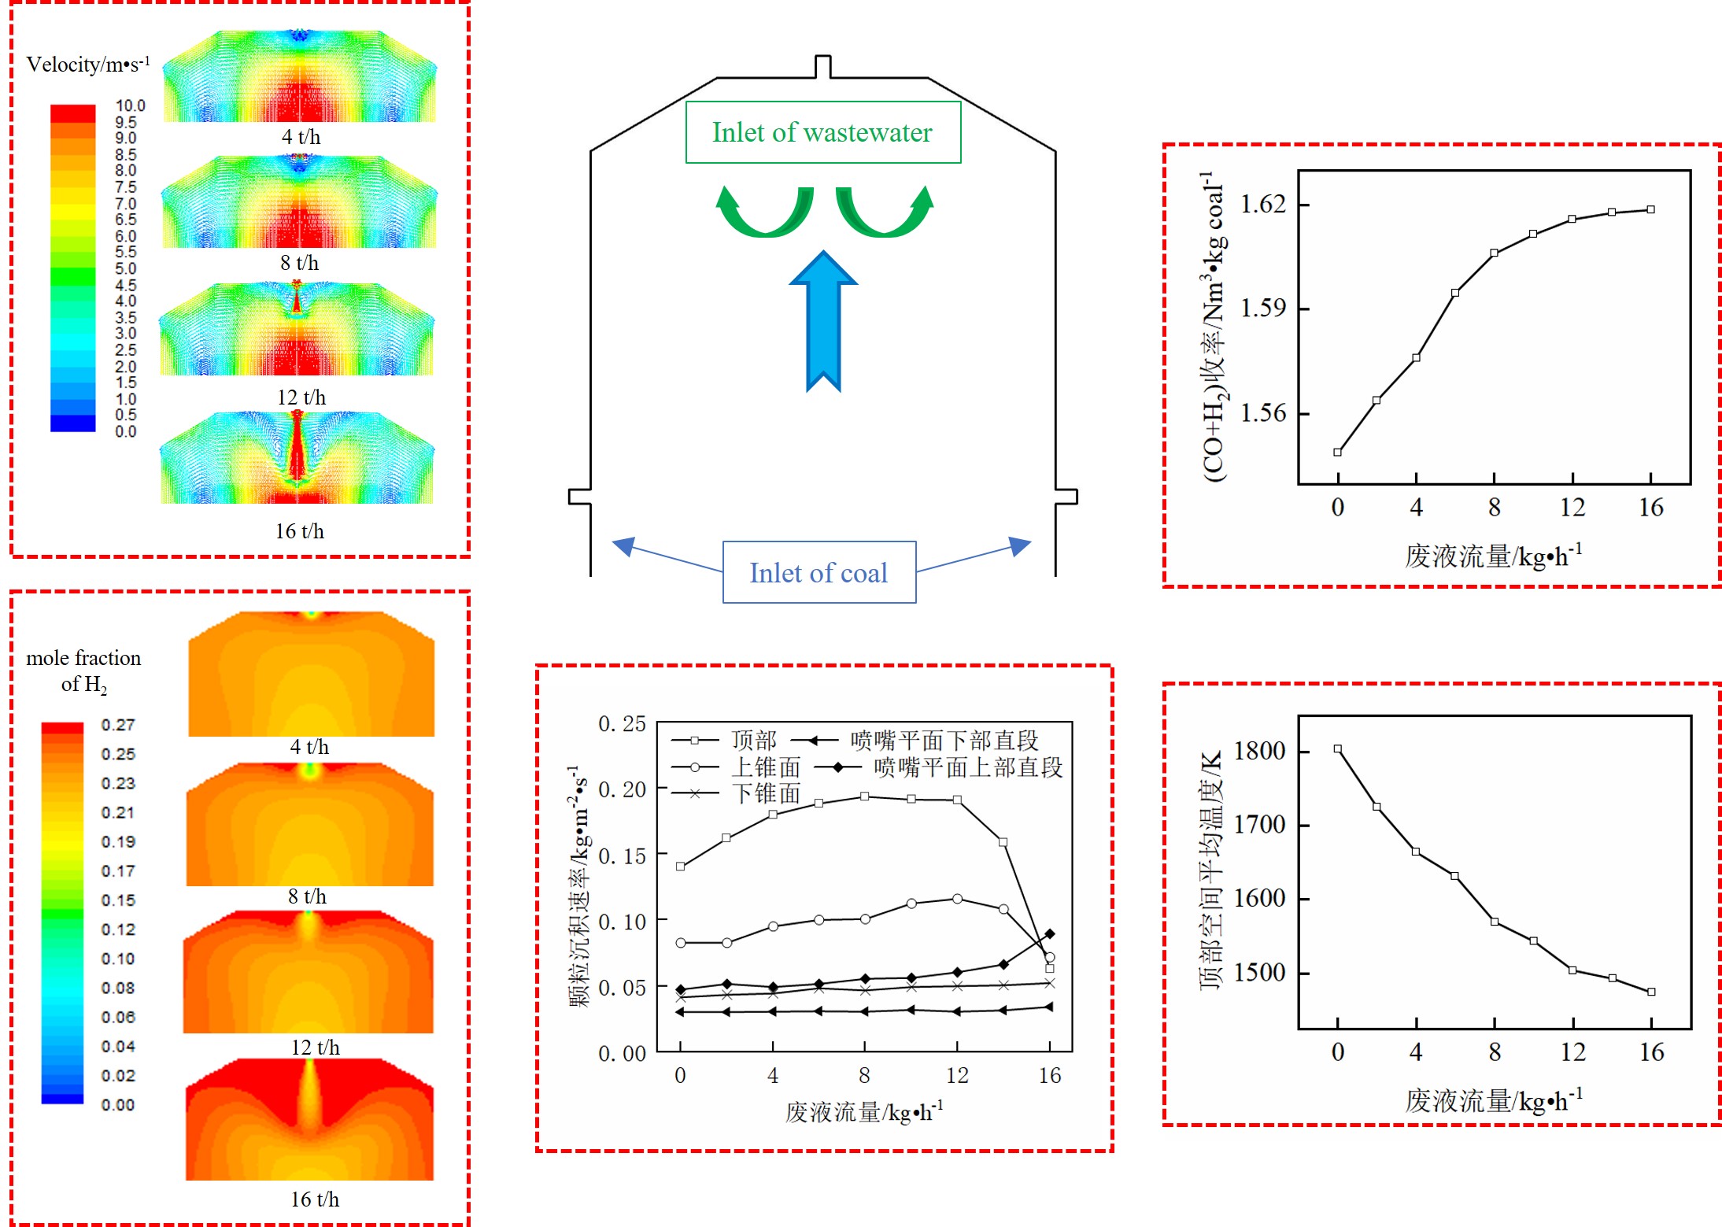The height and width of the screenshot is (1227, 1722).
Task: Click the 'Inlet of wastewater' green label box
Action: click(822, 132)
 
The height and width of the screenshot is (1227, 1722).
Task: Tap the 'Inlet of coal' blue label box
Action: click(819, 572)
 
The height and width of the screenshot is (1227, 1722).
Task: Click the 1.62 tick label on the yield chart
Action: click(1263, 205)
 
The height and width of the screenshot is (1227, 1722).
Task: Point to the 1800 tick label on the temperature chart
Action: click(1259, 751)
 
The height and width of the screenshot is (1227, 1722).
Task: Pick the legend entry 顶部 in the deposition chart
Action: click(753, 740)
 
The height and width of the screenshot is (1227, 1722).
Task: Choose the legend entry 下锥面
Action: click(766, 793)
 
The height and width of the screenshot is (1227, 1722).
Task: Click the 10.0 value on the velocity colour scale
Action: click(130, 105)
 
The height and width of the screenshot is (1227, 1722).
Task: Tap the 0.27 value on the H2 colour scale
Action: click(118, 725)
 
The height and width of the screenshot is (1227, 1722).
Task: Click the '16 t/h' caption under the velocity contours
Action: click(300, 531)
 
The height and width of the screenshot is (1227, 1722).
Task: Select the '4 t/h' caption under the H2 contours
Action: click(309, 747)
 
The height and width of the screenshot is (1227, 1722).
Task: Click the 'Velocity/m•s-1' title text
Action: click(88, 64)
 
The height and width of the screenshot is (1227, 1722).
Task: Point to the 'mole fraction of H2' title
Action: click(83, 670)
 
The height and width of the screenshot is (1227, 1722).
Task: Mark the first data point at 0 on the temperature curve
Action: click(1338, 749)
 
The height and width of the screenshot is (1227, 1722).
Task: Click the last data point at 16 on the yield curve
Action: click(1650, 209)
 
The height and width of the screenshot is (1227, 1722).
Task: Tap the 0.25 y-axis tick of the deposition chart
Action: click(622, 723)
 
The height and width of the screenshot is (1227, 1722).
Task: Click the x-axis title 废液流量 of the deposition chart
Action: click(863, 1111)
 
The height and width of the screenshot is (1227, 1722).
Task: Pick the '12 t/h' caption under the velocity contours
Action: click(301, 397)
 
